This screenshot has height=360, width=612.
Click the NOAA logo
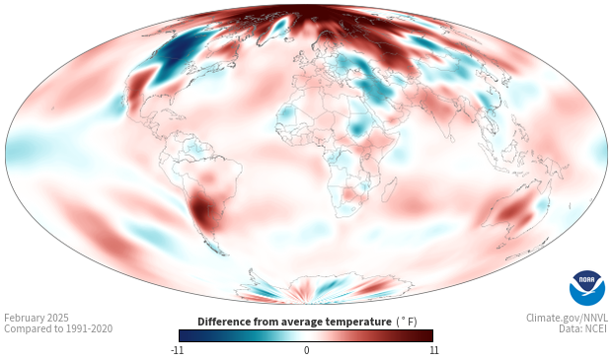587,288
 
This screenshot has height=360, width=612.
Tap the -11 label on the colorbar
178,350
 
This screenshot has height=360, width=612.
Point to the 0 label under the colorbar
306,350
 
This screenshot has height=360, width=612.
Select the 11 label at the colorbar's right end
433,350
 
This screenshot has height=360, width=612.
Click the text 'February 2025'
37,318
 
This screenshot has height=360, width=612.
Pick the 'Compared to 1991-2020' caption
58,328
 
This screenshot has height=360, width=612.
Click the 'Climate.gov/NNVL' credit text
567,318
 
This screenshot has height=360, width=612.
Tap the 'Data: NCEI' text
582,328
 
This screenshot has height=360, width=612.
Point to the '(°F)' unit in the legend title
407,322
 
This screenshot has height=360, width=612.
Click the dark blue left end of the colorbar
184,335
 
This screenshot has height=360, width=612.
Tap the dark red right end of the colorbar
427,335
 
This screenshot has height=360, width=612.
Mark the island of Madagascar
389,189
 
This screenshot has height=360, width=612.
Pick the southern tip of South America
222,254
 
